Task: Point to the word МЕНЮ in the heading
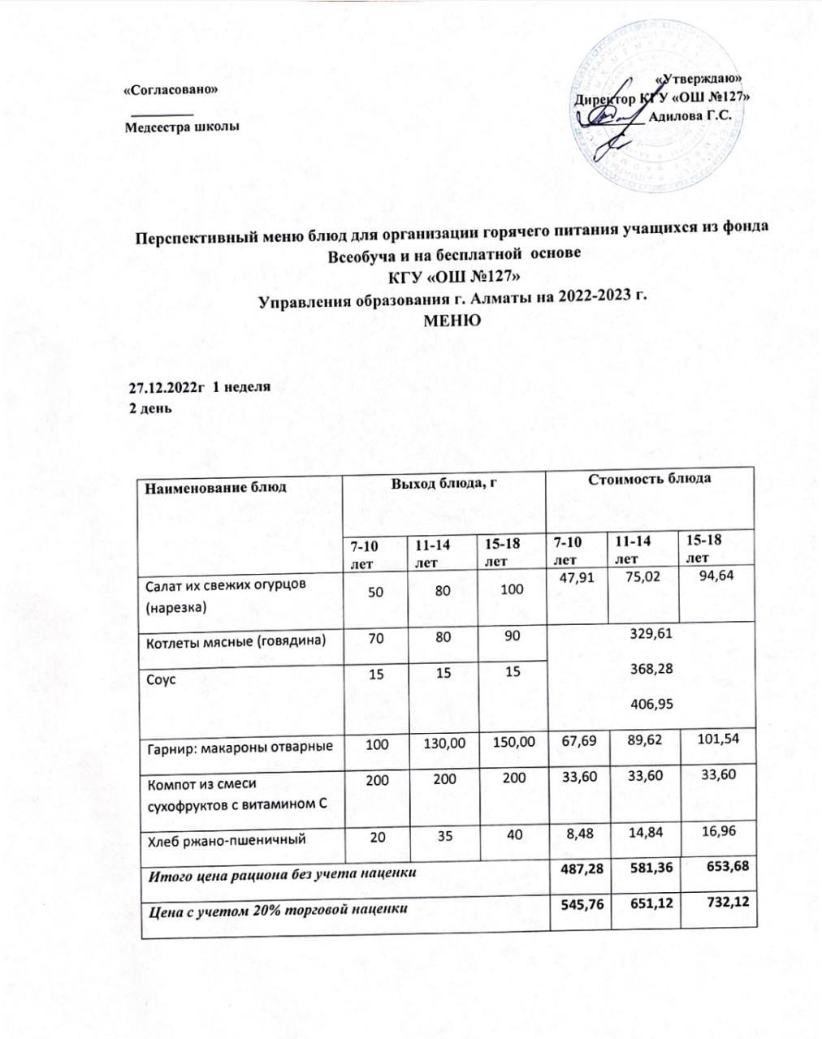pos(452,320)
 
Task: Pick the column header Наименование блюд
pos(216,488)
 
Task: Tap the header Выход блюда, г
pos(443,484)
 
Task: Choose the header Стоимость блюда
pos(650,478)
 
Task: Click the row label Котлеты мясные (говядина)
pos(236,642)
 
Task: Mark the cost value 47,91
pos(573,579)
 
